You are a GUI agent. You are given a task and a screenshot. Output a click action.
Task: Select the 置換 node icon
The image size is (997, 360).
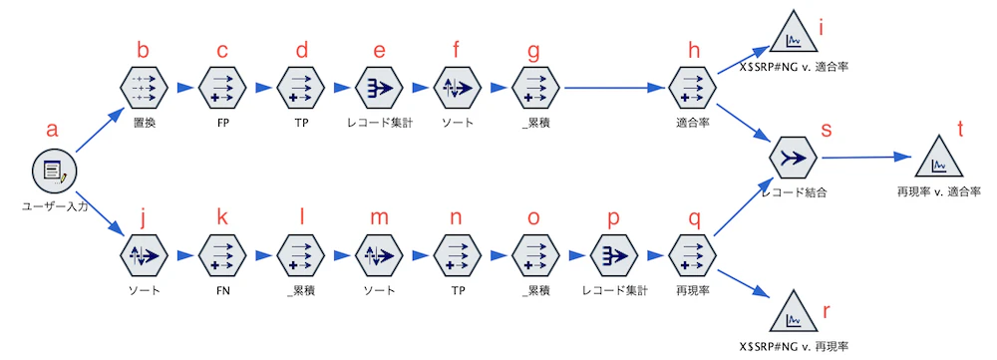pyautogui.click(x=143, y=87)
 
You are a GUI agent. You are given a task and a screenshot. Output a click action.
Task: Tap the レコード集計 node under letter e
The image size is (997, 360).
pyautogui.click(x=378, y=87)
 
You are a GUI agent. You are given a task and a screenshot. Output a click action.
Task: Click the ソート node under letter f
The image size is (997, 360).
pyautogui.click(x=456, y=87)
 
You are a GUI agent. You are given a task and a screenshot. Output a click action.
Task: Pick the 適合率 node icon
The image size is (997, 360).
pyautogui.click(x=691, y=87)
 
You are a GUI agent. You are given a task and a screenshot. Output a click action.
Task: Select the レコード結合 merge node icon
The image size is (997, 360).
pyautogui.click(x=795, y=158)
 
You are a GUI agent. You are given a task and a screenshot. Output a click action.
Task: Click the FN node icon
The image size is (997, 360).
pyautogui.click(x=221, y=255)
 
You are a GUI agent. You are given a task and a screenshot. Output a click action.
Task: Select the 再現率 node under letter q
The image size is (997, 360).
pyautogui.click(x=691, y=255)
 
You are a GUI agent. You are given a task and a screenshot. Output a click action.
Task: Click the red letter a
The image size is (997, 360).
pyautogui.click(x=53, y=130)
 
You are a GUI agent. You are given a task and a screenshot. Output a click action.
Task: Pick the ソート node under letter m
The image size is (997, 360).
pyautogui.click(x=378, y=255)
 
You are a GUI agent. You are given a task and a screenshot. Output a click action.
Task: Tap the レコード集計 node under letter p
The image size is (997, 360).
pyautogui.click(x=613, y=255)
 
